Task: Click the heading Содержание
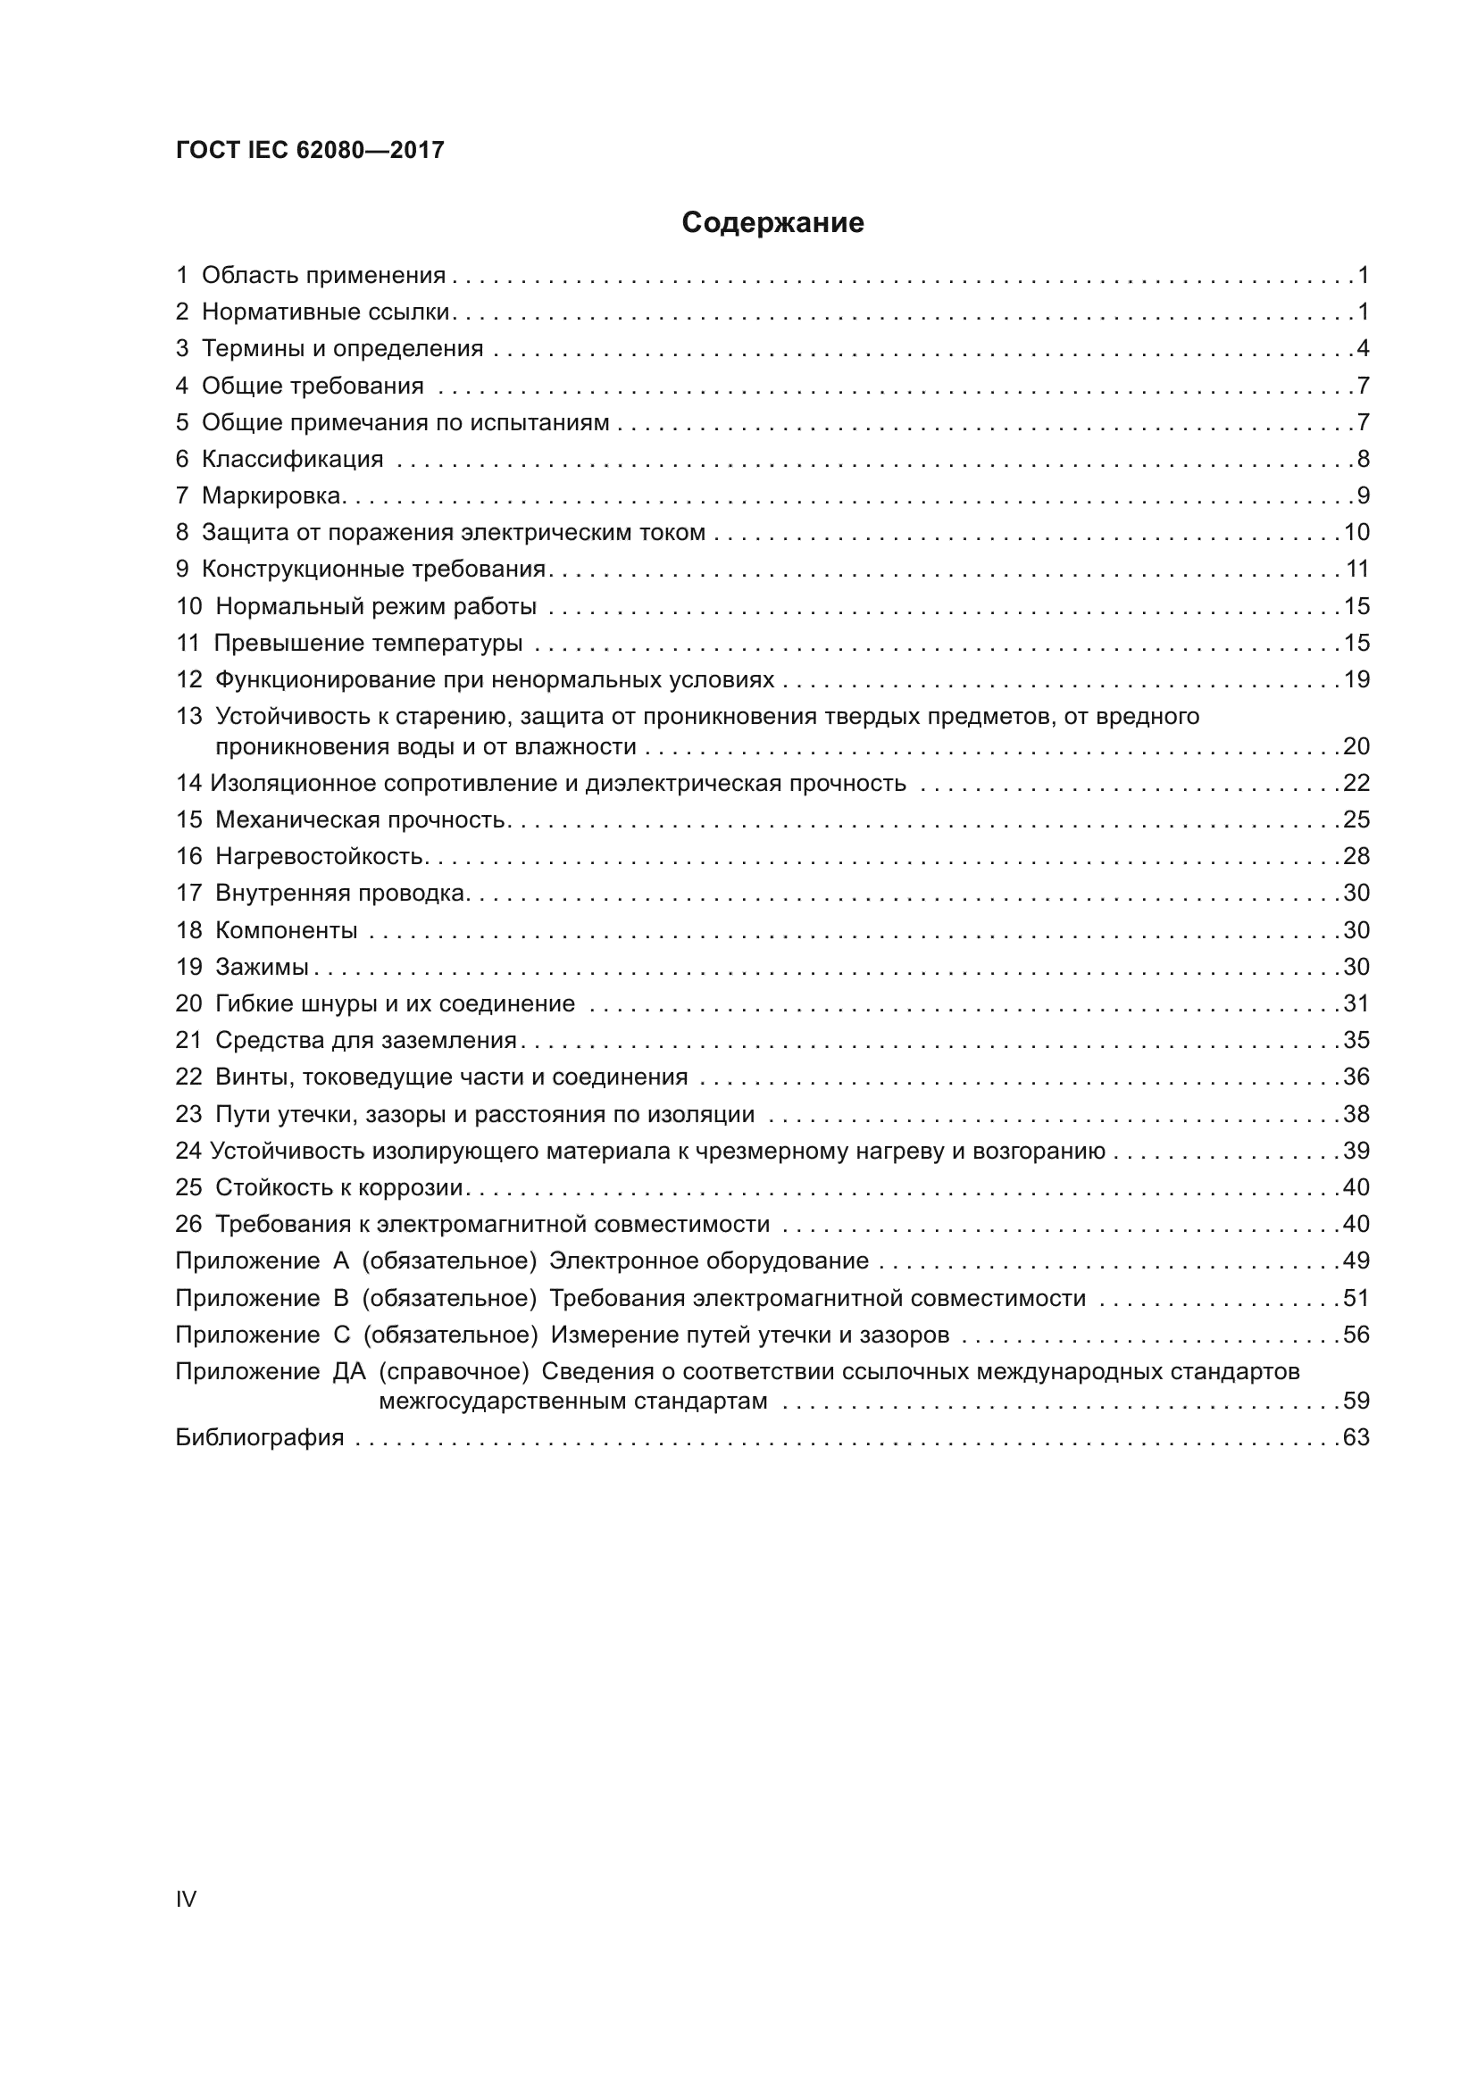point(772,223)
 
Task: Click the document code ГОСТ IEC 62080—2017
point(310,150)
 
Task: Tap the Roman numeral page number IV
point(186,1899)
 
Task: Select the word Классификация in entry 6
point(292,459)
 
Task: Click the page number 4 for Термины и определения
point(1363,349)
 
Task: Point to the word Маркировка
point(272,495)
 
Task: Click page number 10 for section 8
point(1356,533)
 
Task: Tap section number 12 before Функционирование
point(188,680)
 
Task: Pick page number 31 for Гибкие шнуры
point(1356,1004)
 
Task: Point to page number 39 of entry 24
point(1356,1152)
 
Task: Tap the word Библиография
point(259,1438)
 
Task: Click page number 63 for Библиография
point(1356,1438)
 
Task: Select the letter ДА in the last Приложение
point(349,1371)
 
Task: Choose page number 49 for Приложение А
point(1356,1261)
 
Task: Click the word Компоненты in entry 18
point(287,930)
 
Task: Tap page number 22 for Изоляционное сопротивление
point(1356,784)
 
